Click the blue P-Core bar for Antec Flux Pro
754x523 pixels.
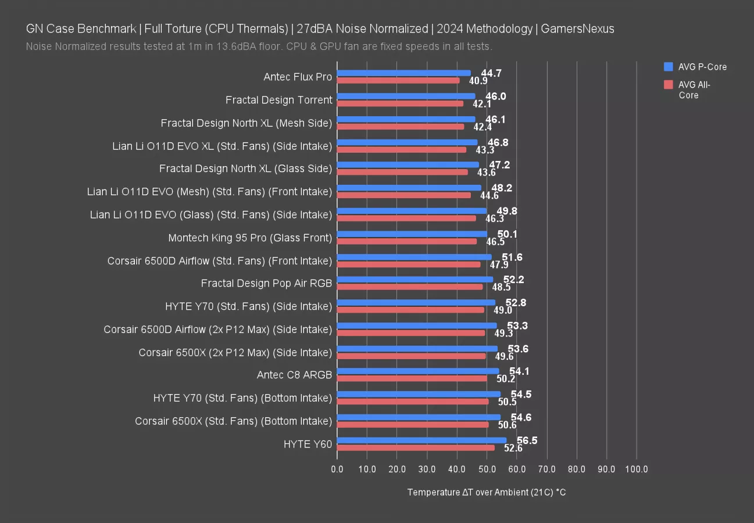(403, 73)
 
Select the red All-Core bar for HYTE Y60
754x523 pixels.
(416, 447)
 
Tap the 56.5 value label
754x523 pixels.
(527, 440)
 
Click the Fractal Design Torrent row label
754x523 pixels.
(278, 100)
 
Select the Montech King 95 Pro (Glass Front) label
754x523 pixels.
(250, 238)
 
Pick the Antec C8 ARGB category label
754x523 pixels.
(294, 375)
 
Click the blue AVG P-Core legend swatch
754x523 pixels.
(668, 67)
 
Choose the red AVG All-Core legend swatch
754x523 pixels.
(668, 85)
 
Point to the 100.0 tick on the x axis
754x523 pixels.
(636, 469)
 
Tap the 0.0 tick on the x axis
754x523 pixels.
(337, 469)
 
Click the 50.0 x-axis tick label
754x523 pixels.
(487, 469)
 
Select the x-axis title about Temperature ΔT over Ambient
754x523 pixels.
(486, 492)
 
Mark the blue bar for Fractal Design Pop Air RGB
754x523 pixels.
(414, 280)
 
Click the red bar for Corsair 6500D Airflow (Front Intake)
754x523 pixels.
(409, 264)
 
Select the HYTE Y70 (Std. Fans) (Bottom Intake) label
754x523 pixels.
(242, 398)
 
